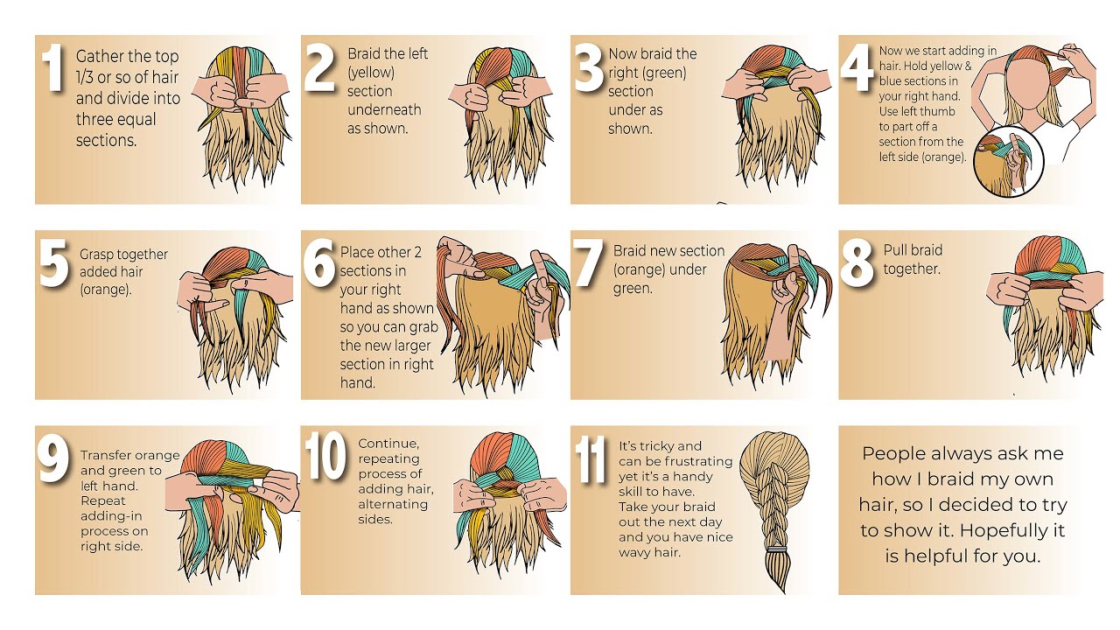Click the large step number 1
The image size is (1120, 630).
point(54,71)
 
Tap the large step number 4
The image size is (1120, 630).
point(857,71)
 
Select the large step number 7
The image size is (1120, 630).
point(589,265)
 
